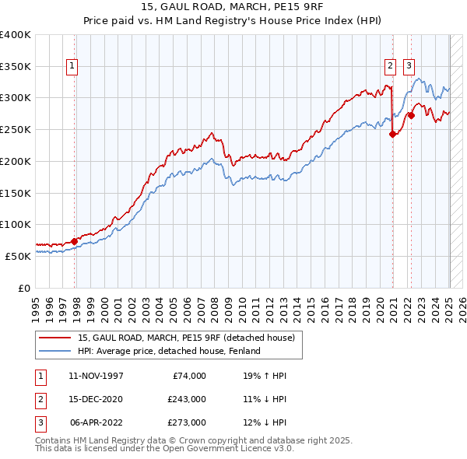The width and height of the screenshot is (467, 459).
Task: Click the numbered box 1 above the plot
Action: pos(72,67)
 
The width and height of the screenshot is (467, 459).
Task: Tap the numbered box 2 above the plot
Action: pos(390,67)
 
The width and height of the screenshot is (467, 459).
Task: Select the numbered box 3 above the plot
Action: pos(409,67)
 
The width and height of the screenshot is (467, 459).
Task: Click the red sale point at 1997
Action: pos(75,241)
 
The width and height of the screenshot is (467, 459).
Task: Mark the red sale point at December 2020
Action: pos(393,134)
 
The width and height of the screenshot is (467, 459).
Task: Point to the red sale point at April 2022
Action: pos(411,115)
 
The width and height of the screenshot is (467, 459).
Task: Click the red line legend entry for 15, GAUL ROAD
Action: pos(186,338)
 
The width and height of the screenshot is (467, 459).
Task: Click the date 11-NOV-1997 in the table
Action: pos(96,376)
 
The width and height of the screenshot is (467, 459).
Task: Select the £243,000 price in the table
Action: pos(187,399)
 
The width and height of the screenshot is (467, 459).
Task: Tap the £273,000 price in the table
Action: pos(187,422)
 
